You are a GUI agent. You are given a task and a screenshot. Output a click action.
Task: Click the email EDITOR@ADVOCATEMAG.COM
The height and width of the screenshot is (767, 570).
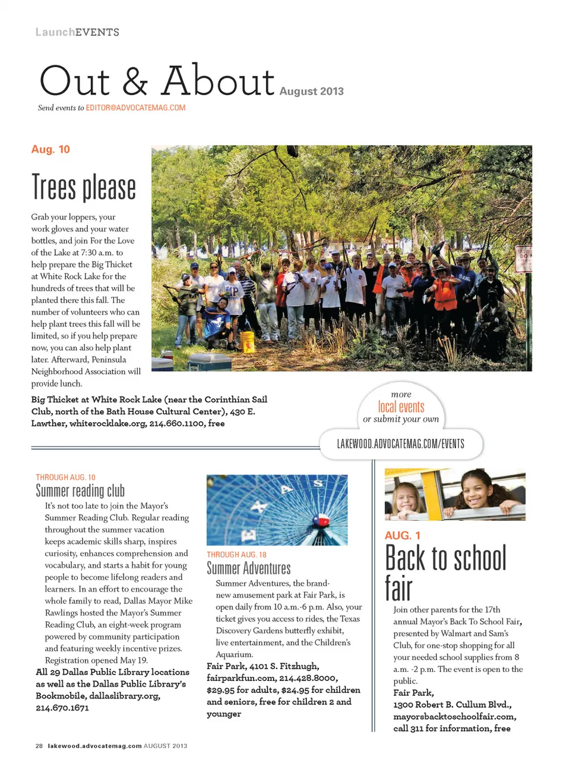pos(135,108)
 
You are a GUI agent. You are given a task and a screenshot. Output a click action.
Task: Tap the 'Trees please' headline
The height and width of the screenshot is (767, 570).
pos(84,187)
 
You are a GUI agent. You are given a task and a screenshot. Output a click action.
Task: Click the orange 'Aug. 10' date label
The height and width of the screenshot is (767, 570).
pos(50,149)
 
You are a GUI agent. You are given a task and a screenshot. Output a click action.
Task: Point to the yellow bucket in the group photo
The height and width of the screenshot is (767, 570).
pos(248,341)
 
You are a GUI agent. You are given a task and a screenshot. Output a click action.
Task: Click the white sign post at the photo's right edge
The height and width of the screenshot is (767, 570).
pos(524,259)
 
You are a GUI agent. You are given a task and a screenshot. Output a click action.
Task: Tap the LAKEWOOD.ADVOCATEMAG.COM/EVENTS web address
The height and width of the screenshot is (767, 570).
pos(401,444)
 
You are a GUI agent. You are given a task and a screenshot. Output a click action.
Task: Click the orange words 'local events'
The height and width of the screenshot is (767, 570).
pos(401,407)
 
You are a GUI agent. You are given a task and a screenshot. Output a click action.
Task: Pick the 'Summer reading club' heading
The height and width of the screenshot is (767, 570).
pos(80,491)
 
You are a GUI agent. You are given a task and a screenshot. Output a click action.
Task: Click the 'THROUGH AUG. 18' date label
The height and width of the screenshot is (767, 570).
pos(236,554)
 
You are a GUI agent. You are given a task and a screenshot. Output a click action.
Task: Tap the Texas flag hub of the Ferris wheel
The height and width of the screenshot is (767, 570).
pos(321,520)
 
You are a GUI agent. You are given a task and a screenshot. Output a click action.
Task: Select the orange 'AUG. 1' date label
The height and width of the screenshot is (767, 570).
pos(403,535)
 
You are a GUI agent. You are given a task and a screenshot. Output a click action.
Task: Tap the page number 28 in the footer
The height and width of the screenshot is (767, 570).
pos(39,746)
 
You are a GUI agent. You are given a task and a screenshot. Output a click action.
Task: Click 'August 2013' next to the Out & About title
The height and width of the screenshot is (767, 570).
pos(311,91)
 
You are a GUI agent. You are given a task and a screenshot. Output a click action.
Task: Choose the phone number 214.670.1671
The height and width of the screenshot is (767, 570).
pos(62,708)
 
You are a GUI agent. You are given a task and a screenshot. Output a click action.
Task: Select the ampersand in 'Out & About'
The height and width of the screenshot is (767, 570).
pos(135,82)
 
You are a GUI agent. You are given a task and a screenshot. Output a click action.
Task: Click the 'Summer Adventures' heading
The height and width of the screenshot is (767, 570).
pos(249,568)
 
